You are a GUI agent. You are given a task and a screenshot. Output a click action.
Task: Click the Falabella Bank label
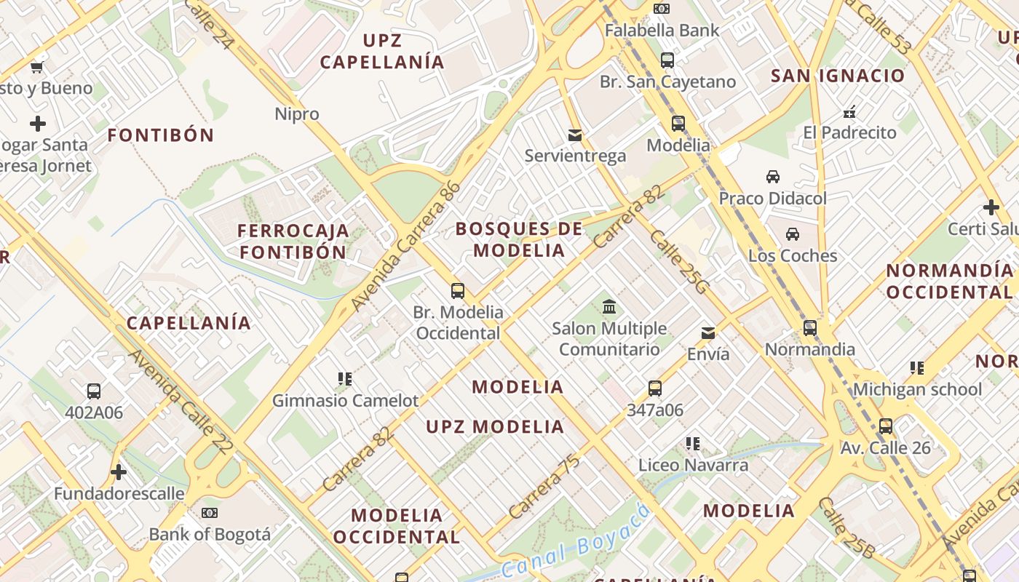[662, 31]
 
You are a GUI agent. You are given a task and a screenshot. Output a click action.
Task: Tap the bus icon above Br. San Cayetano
[667, 60]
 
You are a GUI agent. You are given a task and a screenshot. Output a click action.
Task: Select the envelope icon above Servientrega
[575, 135]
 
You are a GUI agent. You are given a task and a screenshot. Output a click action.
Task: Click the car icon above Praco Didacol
[773, 177]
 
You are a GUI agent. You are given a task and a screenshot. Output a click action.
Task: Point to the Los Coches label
[793, 256]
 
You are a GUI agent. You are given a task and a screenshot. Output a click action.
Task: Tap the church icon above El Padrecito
[849, 112]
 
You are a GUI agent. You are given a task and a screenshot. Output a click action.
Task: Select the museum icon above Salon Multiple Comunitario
[609, 307]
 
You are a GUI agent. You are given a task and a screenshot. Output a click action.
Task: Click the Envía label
[708, 354]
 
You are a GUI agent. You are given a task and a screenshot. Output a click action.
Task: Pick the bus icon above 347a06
[655, 388]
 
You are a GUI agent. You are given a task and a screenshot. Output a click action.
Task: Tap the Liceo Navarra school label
[693, 465]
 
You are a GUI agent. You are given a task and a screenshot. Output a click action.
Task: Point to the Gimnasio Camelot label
[345, 401]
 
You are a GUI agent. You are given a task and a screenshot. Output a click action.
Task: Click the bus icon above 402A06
[94, 391]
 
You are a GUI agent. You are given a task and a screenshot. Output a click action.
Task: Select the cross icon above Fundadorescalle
[119, 473]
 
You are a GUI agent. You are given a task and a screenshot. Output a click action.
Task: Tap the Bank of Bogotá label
[210, 535]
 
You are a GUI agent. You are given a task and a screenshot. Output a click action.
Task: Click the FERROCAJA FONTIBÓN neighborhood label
[293, 242]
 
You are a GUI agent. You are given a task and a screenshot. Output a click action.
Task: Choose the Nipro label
[297, 114]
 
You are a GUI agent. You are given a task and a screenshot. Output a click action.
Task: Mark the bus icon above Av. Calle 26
[886, 426]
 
